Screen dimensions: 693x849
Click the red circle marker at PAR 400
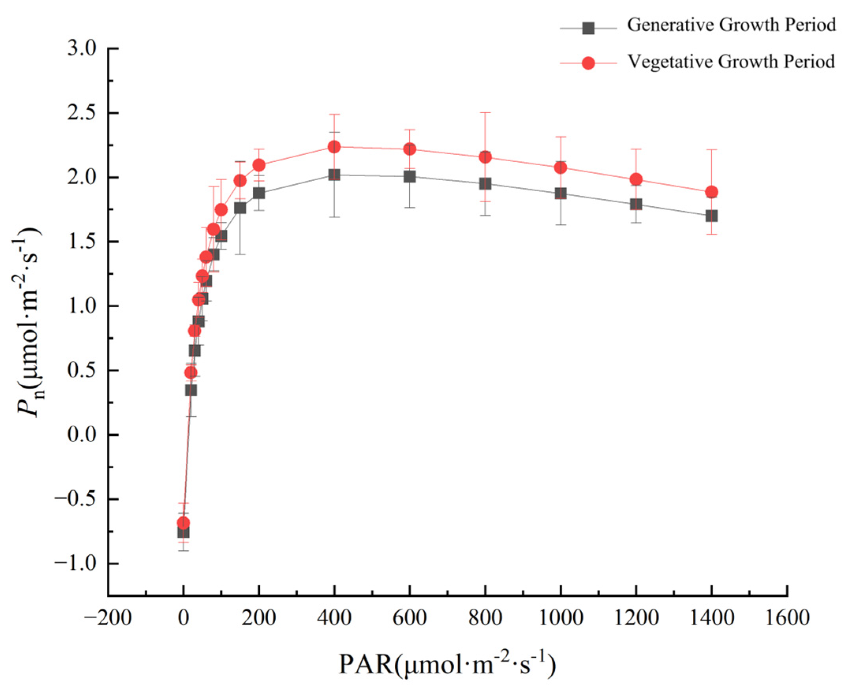(334, 146)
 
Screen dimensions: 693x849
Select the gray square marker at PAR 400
(334, 174)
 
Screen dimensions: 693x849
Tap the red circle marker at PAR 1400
(711, 192)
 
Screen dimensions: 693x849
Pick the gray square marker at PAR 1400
(711, 216)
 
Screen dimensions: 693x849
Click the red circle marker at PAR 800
(485, 157)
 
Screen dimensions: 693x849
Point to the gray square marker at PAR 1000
(560, 194)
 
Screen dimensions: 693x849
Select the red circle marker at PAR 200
(259, 165)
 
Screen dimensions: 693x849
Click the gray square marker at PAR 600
(410, 176)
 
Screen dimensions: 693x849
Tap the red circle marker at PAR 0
(183, 523)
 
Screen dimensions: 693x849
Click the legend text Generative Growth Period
(731, 25)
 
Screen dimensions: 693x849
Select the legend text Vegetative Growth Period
(731, 62)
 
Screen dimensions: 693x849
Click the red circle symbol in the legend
(588, 63)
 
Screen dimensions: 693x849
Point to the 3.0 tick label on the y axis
(82, 49)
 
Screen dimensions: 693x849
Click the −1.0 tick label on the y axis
(75, 563)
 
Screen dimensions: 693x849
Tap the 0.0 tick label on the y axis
(82, 434)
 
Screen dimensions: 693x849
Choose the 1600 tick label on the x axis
(787, 618)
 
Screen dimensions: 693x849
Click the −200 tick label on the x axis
(108, 618)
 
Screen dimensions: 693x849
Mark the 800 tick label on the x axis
(485, 618)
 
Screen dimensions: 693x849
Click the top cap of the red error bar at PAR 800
(485, 112)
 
